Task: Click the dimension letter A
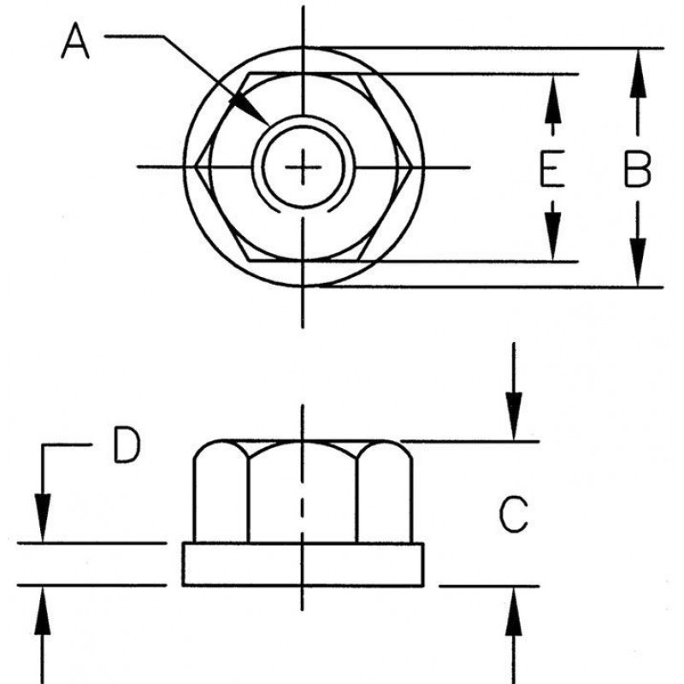pyautogui.click(x=75, y=41)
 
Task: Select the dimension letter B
pyautogui.click(x=637, y=168)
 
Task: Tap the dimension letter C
pyautogui.click(x=514, y=515)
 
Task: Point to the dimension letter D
pyautogui.click(x=127, y=445)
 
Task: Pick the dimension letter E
pyautogui.click(x=552, y=168)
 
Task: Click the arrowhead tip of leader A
pyautogui.click(x=269, y=125)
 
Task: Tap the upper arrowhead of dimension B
pyautogui.click(x=638, y=50)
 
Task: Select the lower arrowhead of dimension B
pyautogui.click(x=638, y=286)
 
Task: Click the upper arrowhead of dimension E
pyautogui.click(x=552, y=75)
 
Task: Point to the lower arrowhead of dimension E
pyautogui.click(x=552, y=261)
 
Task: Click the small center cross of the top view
pyautogui.click(x=303, y=167)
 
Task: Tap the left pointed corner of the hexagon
pyautogui.click(x=195, y=167)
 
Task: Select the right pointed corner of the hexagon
pyautogui.click(x=411, y=167)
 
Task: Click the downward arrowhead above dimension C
pyautogui.click(x=514, y=440)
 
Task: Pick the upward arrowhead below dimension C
pyautogui.click(x=514, y=587)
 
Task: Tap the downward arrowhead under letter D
pyautogui.click(x=42, y=542)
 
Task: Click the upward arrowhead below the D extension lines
pyautogui.click(x=42, y=587)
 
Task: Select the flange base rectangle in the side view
pyautogui.click(x=303, y=564)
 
